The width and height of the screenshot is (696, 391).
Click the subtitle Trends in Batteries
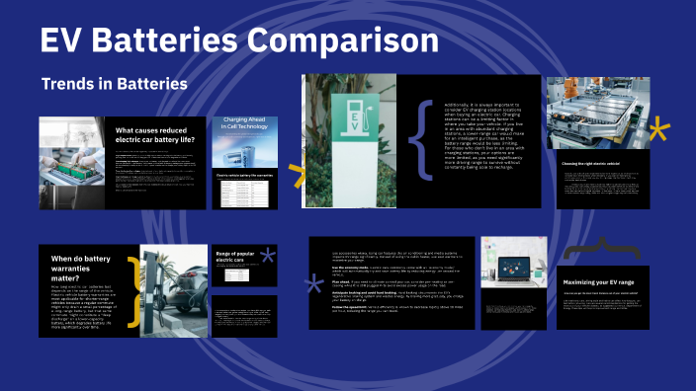[114, 84]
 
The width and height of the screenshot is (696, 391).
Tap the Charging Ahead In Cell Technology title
[246, 128]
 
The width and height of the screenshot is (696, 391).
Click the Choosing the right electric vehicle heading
[604, 163]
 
